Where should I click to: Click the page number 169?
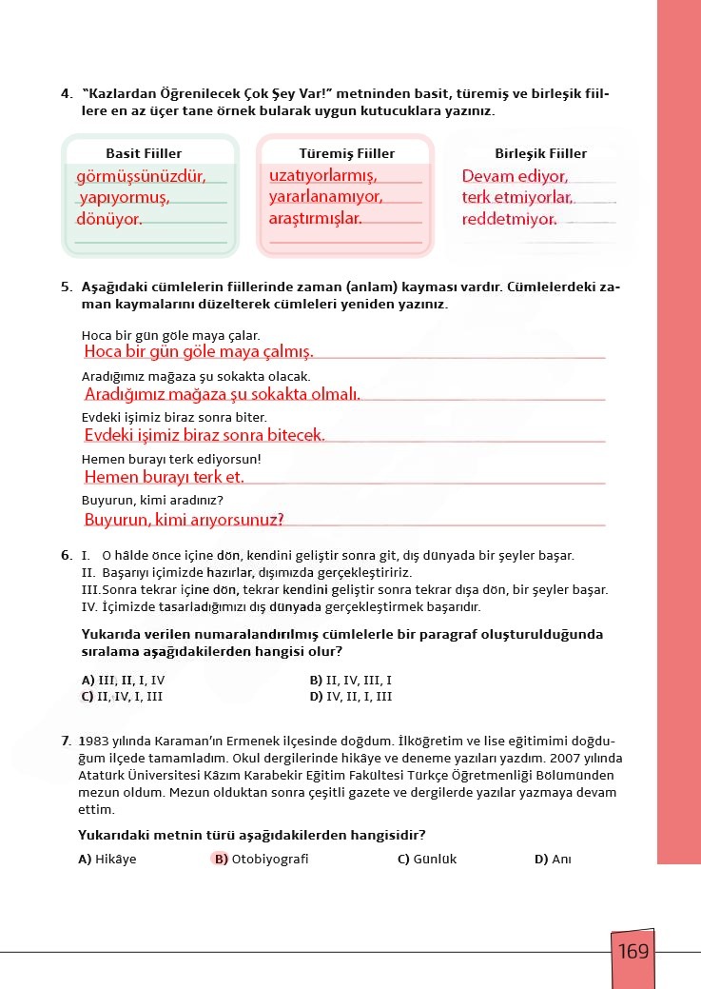pos(633,951)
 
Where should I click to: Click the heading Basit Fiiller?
pos(144,153)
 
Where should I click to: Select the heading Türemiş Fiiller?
pos(347,153)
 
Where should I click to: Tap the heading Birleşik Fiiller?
pos(540,153)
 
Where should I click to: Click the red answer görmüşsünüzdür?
pos(141,176)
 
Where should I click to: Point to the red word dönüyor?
pos(109,219)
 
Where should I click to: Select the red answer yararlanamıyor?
pos(325,197)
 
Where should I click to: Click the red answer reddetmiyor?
pos(509,220)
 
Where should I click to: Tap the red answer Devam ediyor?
pos(515,176)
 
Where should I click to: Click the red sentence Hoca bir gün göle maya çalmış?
pos(199,352)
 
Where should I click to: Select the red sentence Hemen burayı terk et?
pos(165,477)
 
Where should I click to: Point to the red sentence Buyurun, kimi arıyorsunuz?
pos(185,520)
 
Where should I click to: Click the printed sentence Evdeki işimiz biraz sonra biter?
pos(175,418)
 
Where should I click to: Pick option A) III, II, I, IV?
pos(124,682)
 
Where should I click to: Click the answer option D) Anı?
pos(553,860)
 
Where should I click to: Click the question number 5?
pos(66,287)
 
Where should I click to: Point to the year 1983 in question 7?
pos(94,741)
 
